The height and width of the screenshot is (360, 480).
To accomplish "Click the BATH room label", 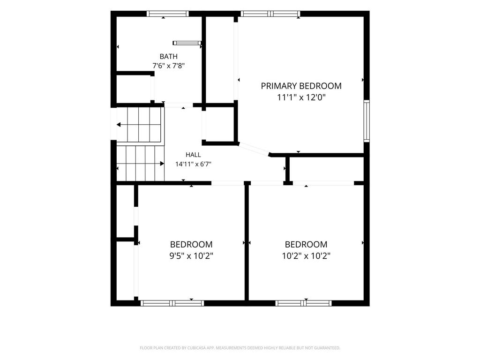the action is click(168, 56).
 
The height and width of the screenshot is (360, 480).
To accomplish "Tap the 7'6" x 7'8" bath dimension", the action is click(168, 66).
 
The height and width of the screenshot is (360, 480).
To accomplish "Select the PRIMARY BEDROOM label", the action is click(301, 86).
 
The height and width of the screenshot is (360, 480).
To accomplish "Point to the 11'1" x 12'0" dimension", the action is click(301, 97).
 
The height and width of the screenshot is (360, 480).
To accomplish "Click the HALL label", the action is click(193, 155).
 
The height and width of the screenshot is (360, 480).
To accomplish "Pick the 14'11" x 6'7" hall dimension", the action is click(193, 164).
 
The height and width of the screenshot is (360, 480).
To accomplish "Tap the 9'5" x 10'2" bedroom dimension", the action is click(191, 255).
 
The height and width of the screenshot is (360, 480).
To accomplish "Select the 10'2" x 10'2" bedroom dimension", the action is click(306, 255).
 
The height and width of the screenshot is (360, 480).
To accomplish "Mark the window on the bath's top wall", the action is click(167, 14).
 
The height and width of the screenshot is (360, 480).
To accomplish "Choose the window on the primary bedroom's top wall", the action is click(270, 14).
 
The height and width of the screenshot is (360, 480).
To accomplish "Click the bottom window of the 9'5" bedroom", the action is click(172, 303).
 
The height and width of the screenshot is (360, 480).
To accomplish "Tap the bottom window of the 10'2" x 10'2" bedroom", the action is click(303, 303).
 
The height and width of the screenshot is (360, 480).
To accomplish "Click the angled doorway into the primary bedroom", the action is click(254, 149).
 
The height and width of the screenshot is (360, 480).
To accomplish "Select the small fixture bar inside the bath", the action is click(187, 43).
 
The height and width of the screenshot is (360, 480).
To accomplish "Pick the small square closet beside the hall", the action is click(220, 124).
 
